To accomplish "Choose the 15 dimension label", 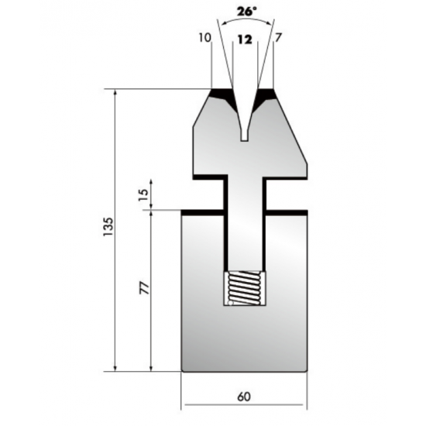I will pyautogui.click(x=143, y=194).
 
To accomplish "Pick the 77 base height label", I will pyautogui.click(x=143, y=288).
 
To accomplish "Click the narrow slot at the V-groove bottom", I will pyautogui.click(x=245, y=136).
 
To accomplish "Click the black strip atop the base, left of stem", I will pyautogui.click(x=203, y=209).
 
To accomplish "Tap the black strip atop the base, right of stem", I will pyautogui.click(x=286, y=209).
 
